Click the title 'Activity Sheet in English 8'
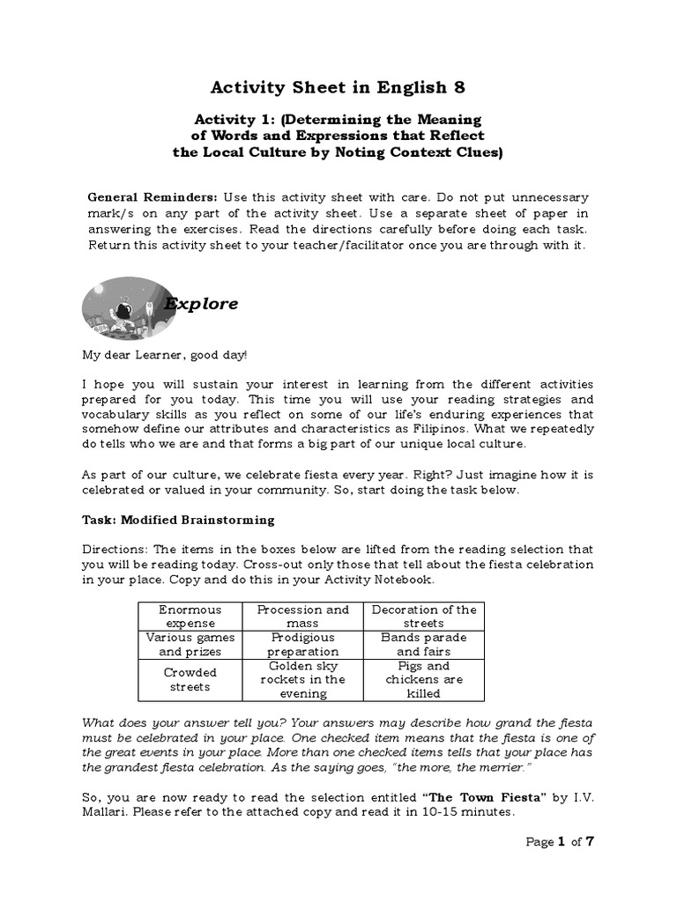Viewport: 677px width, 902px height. pyautogui.click(x=338, y=87)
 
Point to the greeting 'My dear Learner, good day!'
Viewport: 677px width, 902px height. pyautogui.click(x=165, y=354)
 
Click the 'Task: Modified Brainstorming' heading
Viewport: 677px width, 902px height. pyautogui.click(x=178, y=520)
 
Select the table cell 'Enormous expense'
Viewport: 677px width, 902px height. pyautogui.click(x=190, y=616)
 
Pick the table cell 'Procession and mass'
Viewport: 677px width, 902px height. pyautogui.click(x=302, y=616)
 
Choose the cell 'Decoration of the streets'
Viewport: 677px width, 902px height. pyautogui.click(x=424, y=616)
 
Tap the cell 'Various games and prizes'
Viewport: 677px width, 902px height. pyautogui.click(x=190, y=644)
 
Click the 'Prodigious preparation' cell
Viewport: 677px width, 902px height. pyautogui.click(x=302, y=644)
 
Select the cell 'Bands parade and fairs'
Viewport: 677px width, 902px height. pyautogui.click(x=424, y=644)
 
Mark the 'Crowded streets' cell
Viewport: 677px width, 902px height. pyautogui.click(x=190, y=679)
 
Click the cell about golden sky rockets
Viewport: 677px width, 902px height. pyautogui.click(x=302, y=679)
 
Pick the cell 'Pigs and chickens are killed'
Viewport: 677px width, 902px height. pyautogui.click(x=424, y=679)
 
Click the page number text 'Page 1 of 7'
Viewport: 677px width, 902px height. pyautogui.click(x=561, y=841)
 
